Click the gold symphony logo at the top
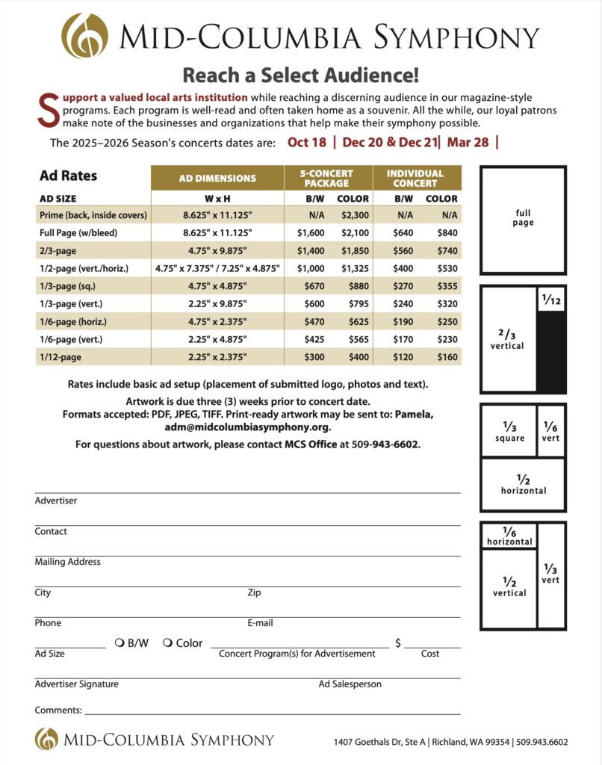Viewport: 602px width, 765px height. pyautogui.click(x=84, y=35)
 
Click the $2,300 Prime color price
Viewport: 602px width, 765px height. pyautogui.click(x=353, y=215)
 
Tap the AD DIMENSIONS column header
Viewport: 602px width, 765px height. pyautogui.click(x=217, y=178)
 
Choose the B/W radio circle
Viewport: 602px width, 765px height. pyautogui.click(x=120, y=642)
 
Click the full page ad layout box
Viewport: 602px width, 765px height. pyautogui.click(x=523, y=219)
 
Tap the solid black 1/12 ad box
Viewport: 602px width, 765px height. pyautogui.click(x=551, y=351)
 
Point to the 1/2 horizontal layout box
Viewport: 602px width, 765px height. pyautogui.click(x=523, y=485)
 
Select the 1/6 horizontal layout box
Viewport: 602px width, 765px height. pyautogui.click(x=509, y=536)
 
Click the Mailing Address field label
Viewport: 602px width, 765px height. pyautogui.click(x=67, y=562)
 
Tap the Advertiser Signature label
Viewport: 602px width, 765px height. pyautogui.click(x=76, y=684)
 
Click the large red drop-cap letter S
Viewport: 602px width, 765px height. pyautogui.click(x=46, y=110)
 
